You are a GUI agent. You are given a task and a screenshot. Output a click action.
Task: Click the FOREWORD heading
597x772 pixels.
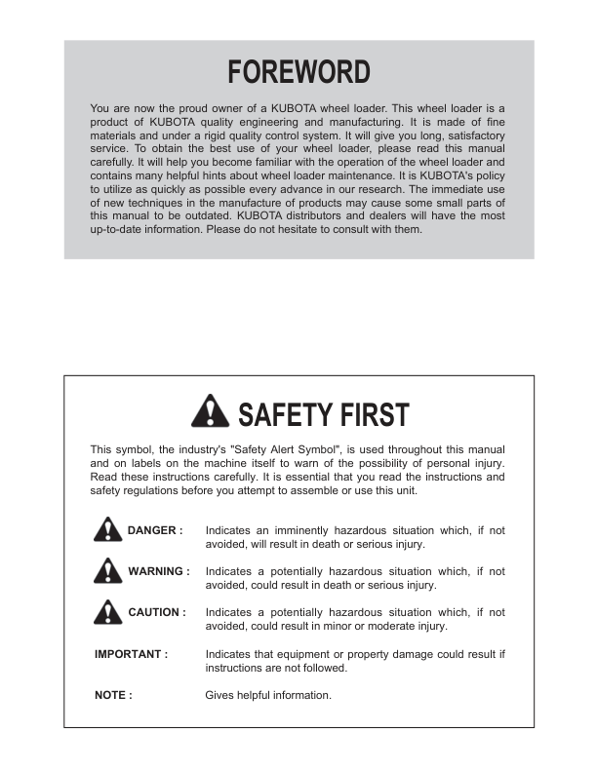[x=298, y=72]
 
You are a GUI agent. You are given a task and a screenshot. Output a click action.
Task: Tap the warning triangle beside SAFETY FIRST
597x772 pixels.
[x=212, y=413]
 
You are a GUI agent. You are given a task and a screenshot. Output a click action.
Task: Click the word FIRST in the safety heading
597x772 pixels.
[x=366, y=414]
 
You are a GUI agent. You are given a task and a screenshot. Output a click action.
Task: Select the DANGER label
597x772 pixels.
[x=154, y=530]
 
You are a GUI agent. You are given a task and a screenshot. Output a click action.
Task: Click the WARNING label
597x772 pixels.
[x=158, y=571]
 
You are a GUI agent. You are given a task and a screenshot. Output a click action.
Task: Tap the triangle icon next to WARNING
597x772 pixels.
[x=107, y=571]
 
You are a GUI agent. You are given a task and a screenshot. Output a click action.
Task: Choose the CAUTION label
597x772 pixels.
[x=156, y=612]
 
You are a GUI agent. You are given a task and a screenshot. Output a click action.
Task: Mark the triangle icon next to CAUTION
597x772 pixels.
[x=107, y=612]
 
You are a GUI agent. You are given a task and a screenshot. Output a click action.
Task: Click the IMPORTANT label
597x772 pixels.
[x=131, y=653]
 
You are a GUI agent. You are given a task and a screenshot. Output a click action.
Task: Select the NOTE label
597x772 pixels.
[x=113, y=695]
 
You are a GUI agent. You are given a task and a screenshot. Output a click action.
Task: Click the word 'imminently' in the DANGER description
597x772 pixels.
[x=298, y=530]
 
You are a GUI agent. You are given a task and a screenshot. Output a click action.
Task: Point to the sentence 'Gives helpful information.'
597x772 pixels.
[x=268, y=695]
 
